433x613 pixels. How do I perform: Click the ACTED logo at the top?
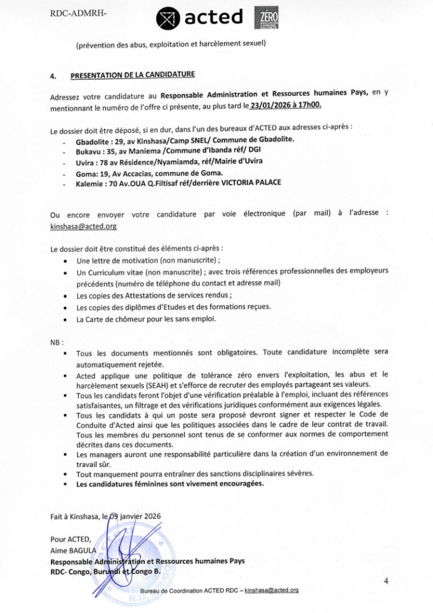tap(200, 19)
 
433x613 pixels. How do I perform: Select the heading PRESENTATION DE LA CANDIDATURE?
tap(132, 76)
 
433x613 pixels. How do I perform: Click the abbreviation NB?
tap(56, 342)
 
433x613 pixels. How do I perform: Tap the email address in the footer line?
tap(272, 590)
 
